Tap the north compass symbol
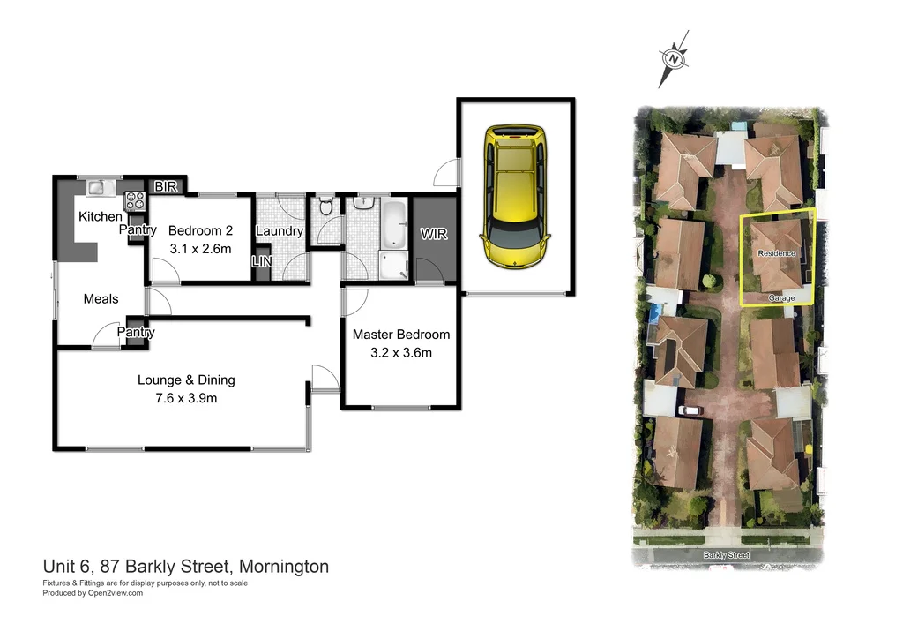(675, 59)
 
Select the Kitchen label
(101, 216)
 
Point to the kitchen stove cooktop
(134, 199)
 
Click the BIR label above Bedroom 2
(166, 186)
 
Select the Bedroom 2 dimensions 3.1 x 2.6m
(200, 248)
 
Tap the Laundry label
(279, 231)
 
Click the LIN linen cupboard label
(262, 262)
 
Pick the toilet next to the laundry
(325, 207)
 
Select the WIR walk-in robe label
(434, 236)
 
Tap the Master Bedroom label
(400, 335)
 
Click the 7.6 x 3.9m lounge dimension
(185, 397)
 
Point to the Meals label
(101, 299)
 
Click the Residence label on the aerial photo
(776, 253)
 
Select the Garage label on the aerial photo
(780, 298)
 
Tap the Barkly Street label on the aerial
(726, 555)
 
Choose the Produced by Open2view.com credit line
(93, 593)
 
